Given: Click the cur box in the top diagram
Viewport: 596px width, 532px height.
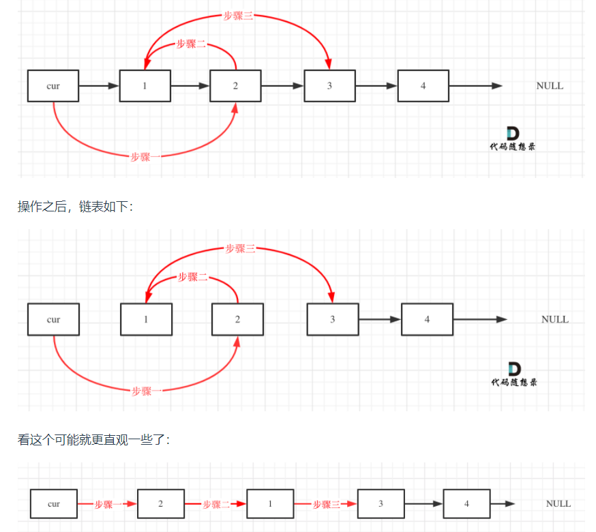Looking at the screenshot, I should (53, 86).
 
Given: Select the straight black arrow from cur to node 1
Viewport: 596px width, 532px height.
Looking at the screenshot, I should (98, 86).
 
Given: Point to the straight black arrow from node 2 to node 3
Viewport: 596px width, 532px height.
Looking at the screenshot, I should (282, 86).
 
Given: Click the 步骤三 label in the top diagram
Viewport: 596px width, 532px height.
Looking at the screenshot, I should (238, 16).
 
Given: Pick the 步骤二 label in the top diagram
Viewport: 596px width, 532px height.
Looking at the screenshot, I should (191, 44).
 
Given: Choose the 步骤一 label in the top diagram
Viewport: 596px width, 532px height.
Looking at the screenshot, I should (145, 157).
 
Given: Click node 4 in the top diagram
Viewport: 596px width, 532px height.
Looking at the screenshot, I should (423, 86).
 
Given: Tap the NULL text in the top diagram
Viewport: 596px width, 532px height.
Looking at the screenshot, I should (550, 86).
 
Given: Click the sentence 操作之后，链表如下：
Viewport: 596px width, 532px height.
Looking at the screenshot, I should (76, 207).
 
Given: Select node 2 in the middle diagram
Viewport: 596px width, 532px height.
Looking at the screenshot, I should (237, 319).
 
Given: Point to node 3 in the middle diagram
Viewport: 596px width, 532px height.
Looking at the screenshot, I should (333, 319).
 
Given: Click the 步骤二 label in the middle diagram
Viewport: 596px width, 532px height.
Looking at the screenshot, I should (193, 277).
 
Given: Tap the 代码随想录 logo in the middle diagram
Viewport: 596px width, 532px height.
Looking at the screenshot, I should (513, 374).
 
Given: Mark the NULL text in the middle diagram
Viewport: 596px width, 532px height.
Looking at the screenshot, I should (554, 319).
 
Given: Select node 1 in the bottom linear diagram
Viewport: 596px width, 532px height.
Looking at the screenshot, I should (270, 504).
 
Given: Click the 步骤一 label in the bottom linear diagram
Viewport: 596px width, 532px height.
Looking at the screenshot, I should (108, 505).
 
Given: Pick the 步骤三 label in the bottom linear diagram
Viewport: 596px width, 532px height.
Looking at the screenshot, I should (326, 505).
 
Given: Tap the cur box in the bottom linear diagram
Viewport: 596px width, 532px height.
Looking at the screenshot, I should (54, 504).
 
